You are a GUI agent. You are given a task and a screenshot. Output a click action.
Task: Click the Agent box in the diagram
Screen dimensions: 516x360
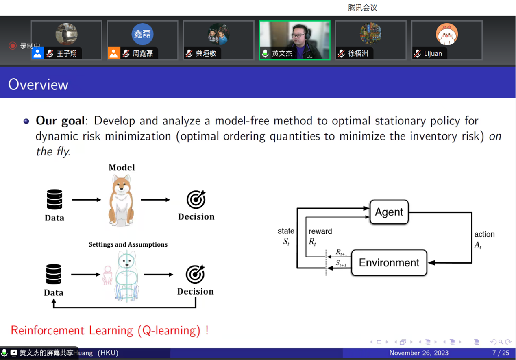pyautogui.click(x=389, y=212)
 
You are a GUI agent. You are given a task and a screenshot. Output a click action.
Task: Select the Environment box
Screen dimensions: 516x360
pyautogui.click(x=389, y=262)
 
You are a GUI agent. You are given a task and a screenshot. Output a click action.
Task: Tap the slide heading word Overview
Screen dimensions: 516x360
pyautogui.click(x=38, y=85)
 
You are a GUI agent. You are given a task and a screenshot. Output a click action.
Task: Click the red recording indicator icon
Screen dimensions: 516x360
pyautogui.click(x=13, y=46)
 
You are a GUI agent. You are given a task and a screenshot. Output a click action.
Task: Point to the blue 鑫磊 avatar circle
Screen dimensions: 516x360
pyautogui.click(x=142, y=34)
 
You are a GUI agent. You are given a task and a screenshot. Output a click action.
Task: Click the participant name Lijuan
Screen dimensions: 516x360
pyautogui.click(x=433, y=53)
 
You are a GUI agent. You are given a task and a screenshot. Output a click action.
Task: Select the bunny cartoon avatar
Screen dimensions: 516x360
pyautogui.click(x=447, y=34)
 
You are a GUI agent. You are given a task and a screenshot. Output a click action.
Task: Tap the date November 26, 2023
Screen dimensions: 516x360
pyautogui.click(x=419, y=353)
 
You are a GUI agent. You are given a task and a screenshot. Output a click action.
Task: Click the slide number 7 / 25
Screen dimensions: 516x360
pyautogui.click(x=501, y=353)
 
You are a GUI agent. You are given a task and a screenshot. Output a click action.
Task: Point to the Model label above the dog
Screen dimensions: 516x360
pyautogui.click(x=122, y=168)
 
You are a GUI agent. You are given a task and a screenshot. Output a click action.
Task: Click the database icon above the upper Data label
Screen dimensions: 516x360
pyautogui.click(x=54, y=199)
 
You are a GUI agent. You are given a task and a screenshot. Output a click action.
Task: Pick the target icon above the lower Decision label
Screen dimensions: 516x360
pyautogui.click(x=195, y=274)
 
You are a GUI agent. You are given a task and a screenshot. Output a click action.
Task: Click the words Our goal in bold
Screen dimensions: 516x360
pyautogui.click(x=60, y=121)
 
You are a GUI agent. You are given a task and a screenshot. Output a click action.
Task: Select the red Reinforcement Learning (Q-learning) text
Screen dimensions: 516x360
pyautogui.click(x=110, y=331)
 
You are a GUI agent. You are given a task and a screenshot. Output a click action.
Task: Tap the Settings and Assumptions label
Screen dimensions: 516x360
pyautogui.click(x=128, y=244)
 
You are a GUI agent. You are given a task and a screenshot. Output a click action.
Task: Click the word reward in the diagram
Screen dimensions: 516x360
pyautogui.click(x=320, y=231)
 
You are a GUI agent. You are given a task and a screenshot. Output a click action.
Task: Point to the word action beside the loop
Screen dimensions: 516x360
pyautogui.click(x=484, y=234)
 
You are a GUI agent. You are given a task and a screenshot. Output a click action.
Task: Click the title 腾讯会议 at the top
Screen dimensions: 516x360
pyautogui.click(x=362, y=8)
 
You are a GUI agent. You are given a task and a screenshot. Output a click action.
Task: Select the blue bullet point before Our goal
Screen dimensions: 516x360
pyautogui.click(x=26, y=121)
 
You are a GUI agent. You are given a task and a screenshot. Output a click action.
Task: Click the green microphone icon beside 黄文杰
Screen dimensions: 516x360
pyautogui.click(x=265, y=53)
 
